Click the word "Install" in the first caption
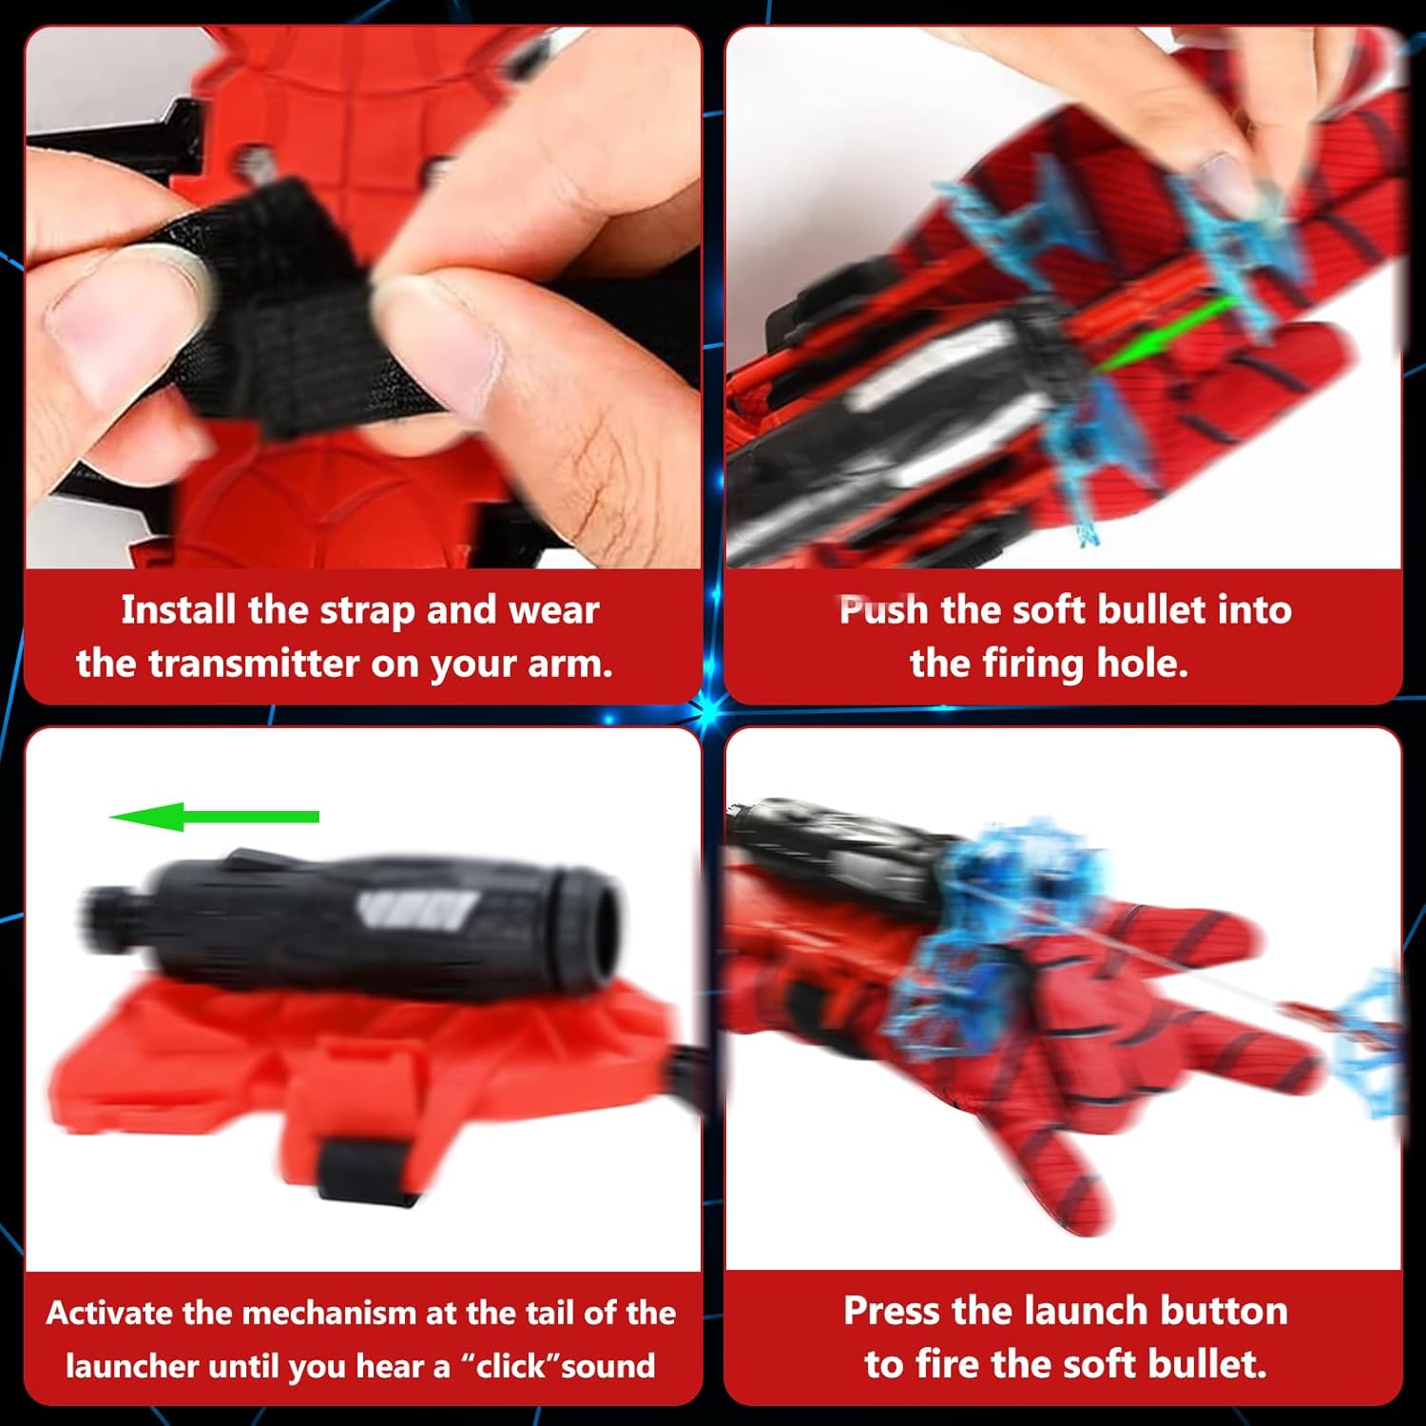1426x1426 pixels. click(x=178, y=609)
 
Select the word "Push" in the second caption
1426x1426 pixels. click(x=883, y=609)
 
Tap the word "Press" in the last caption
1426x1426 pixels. click(x=892, y=1311)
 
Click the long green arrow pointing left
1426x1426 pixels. click(x=214, y=817)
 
